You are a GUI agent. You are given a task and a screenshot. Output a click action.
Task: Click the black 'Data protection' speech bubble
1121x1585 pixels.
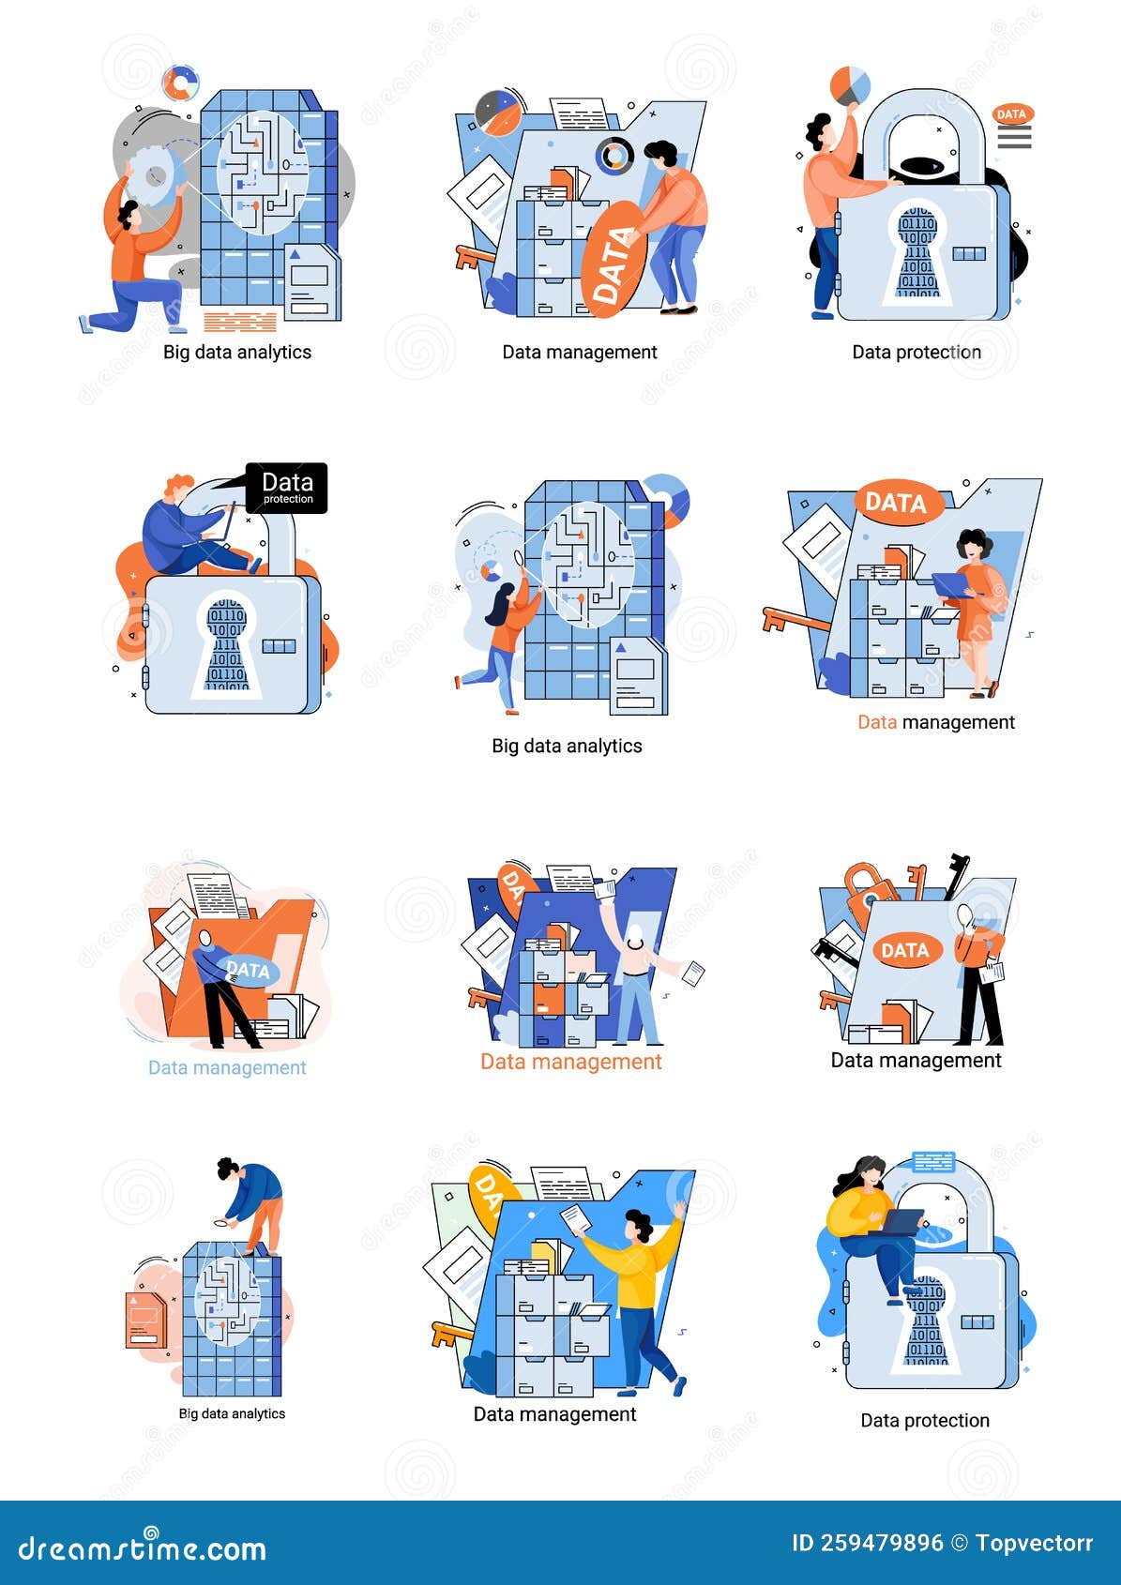coord(286,488)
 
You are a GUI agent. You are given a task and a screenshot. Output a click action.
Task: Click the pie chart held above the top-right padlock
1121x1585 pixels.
coord(850,85)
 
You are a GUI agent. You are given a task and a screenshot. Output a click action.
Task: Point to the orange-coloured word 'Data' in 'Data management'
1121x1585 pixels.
coord(877,722)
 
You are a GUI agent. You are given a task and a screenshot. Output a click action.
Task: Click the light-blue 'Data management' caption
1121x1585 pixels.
coord(227,1067)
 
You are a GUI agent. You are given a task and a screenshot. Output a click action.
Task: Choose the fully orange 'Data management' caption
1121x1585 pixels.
coord(570,1062)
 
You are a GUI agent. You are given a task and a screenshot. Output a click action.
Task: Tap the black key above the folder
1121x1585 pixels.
coord(956,873)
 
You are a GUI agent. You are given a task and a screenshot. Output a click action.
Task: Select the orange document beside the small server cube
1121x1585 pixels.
coord(144,1318)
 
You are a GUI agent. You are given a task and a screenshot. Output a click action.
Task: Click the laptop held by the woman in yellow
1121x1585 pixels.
coord(901,1221)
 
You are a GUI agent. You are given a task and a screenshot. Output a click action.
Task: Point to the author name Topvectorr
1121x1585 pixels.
coord(1034,1543)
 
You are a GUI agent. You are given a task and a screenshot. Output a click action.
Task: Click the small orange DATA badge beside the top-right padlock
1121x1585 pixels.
coord(1011,114)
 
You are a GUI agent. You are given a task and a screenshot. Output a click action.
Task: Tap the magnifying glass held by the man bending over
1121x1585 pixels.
coord(223,1222)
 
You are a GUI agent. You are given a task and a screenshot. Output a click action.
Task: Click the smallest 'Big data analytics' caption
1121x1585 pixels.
coord(232,1413)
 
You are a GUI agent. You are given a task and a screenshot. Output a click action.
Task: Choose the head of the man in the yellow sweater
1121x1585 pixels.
coord(640,1225)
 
